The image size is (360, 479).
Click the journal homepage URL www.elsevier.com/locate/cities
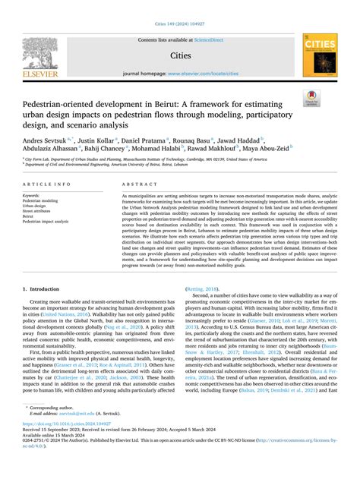(202, 74)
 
